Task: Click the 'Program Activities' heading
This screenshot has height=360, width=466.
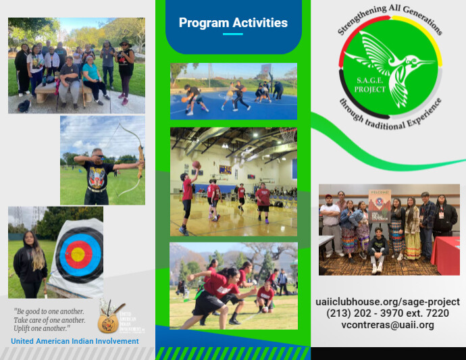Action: pyautogui.click(x=233, y=23)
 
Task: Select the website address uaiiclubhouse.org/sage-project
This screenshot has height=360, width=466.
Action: pyautogui.click(x=388, y=302)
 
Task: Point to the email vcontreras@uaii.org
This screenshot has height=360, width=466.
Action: pyautogui.click(x=388, y=325)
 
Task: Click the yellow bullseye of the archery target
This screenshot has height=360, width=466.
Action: pyautogui.click(x=78, y=255)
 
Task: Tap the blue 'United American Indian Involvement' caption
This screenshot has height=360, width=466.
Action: pyautogui.click(x=75, y=341)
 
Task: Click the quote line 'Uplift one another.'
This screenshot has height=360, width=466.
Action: pyautogui.click(x=41, y=328)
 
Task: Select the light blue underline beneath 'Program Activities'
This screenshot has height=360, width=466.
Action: pyautogui.click(x=232, y=34)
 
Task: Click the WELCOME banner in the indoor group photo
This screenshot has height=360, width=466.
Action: pyautogui.click(x=379, y=203)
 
